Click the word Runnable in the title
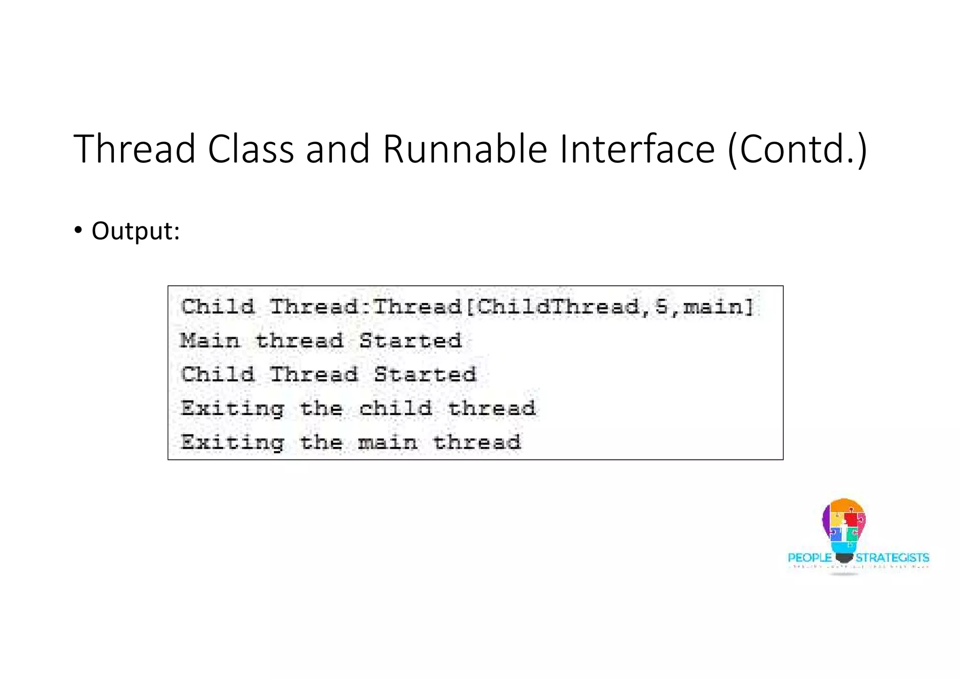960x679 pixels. click(465, 149)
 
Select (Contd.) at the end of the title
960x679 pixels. click(797, 149)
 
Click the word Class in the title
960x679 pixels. click(251, 149)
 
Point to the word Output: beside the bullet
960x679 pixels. click(135, 231)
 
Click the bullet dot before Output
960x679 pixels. click(78, 230)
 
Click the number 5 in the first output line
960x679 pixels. click(661, 307)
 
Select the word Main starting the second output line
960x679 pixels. click(210, 341)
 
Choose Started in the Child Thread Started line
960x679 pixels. click(425, 375)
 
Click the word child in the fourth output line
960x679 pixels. click(396, 408)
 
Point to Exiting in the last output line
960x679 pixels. click(232, 442)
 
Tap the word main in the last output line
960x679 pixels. click(388, 442)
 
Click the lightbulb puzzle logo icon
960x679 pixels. click(844, 528)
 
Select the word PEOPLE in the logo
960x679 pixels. click(810, 558)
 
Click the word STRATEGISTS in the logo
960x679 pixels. click(892, 558)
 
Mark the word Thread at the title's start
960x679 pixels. click(135, 149)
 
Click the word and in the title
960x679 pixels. click(337, 149)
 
